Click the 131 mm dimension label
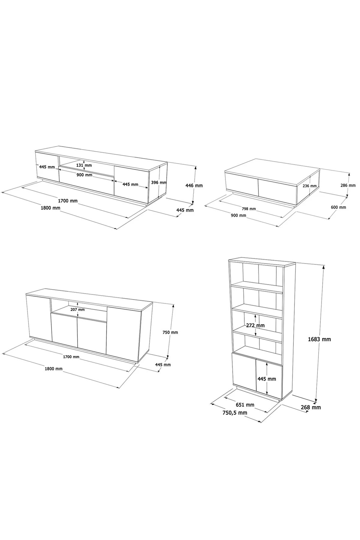tap(84, 165)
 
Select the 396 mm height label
tap(159, 182)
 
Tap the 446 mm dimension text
tap(194, 186)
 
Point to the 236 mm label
tap(309, 186)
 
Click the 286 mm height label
tap(348, 185)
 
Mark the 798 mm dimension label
tap(248, 209)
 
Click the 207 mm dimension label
tap(77, 309)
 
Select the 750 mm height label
tap(171, 333)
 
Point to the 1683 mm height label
tap(320, 339)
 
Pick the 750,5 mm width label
tap(235, 413)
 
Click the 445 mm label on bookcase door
tap(267, 379)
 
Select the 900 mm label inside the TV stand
tap(85, 175)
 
